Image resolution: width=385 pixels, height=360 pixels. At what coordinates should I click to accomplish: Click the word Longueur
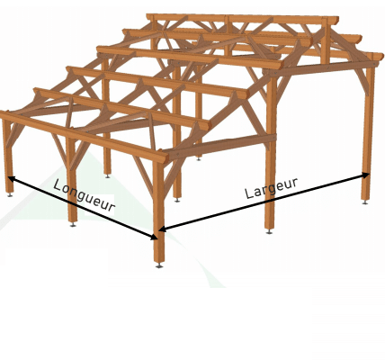click(84, 195)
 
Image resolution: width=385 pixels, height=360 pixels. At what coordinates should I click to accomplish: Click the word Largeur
click(272, 188)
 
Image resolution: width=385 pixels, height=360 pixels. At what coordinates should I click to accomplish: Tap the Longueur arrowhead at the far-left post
click(11, 178)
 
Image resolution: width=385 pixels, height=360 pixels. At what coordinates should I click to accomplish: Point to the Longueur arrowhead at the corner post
click(154, 237)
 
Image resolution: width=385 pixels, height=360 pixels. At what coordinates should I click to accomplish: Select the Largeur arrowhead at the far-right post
click(365, 175)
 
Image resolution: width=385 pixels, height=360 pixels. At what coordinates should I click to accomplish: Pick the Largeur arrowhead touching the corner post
click(162, 229)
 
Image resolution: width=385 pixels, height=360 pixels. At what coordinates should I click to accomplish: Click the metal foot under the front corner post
click(159, 265)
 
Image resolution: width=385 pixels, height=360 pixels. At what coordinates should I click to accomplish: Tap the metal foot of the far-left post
click(10, 194)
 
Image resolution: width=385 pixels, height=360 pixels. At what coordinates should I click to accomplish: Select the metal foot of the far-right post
click(365, 202)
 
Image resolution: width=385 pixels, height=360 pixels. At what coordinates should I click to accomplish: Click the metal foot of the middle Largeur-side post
click(269, 231)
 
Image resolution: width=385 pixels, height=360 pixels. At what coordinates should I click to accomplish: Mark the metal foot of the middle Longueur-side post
click(73, 224)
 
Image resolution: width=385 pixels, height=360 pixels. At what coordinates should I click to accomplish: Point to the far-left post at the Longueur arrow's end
click(8, 156)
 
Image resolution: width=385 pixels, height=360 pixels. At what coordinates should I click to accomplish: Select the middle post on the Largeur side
click(271, 153)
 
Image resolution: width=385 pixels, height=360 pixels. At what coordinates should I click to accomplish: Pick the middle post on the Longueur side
click(72, 180)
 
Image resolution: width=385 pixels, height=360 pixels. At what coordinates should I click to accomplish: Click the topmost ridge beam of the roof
click(242, 19)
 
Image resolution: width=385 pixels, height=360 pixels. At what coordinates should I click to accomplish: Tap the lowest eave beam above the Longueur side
click(84, 137)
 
